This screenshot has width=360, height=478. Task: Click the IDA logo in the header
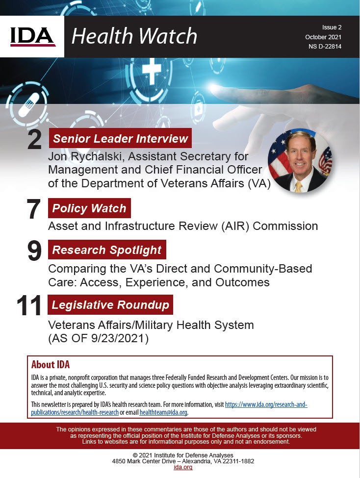(x=32, y=36)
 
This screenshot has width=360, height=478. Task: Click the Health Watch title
(x=134, y=36)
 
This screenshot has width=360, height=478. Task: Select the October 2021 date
(x=323, y=37)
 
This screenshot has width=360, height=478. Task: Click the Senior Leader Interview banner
(x=120, y=139)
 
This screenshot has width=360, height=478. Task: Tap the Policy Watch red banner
(x=89, y=208)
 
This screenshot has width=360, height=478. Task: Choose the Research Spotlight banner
(x=107, y=250)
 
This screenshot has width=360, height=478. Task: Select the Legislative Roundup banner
(x=110, y=305)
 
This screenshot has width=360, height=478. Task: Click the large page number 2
(x=35, y=140)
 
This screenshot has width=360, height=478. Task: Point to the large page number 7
(x=33, y=210)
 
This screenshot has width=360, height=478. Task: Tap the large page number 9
(x=35, y=251)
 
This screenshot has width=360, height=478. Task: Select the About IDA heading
(x=51, y=364)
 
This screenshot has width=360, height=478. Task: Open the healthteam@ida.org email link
(x=163, y=412)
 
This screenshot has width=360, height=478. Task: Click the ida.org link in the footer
(x=183, y=467)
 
